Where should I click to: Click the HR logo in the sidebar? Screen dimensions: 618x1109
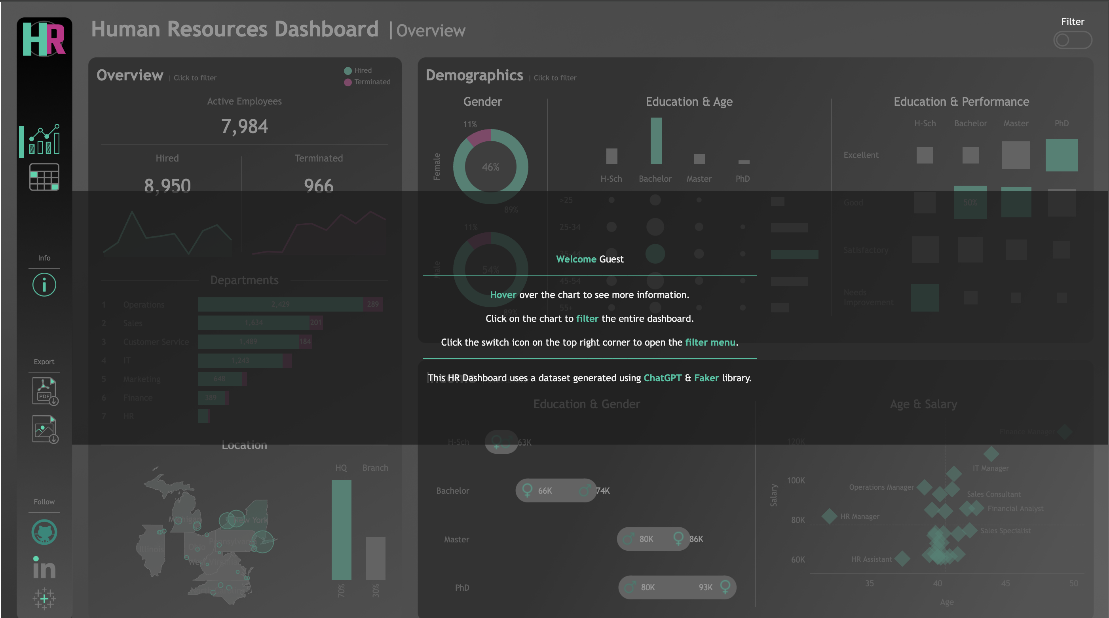(x=44, y=39)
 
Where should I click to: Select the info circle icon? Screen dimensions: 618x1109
(x=44, y=285)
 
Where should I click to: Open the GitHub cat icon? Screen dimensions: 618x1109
(x=44, y=532)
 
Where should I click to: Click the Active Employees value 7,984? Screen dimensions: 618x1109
(x=244, y=127)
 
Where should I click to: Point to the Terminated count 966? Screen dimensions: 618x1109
(x=319, y=186)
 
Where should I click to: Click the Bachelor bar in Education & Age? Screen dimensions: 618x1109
(x=655, y=141)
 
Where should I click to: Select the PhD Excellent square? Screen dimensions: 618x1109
(x=1061, y=155)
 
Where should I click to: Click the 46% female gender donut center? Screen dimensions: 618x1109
(x=490, y=167)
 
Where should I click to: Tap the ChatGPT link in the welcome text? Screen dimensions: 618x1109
(x=662, y=378)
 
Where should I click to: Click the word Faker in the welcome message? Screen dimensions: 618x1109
(x=706, y=378)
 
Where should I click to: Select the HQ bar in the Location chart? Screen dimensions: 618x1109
(x=341, y=530)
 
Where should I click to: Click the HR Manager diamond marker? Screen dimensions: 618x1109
(x=829, y=516)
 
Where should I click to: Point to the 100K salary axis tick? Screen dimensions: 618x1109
(x=796, y=481)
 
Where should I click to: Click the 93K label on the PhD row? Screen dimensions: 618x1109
(x=705, y=588)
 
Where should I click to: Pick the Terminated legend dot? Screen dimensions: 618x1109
(x=348, y=82)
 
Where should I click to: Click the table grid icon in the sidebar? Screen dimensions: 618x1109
(x=44, y=177)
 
